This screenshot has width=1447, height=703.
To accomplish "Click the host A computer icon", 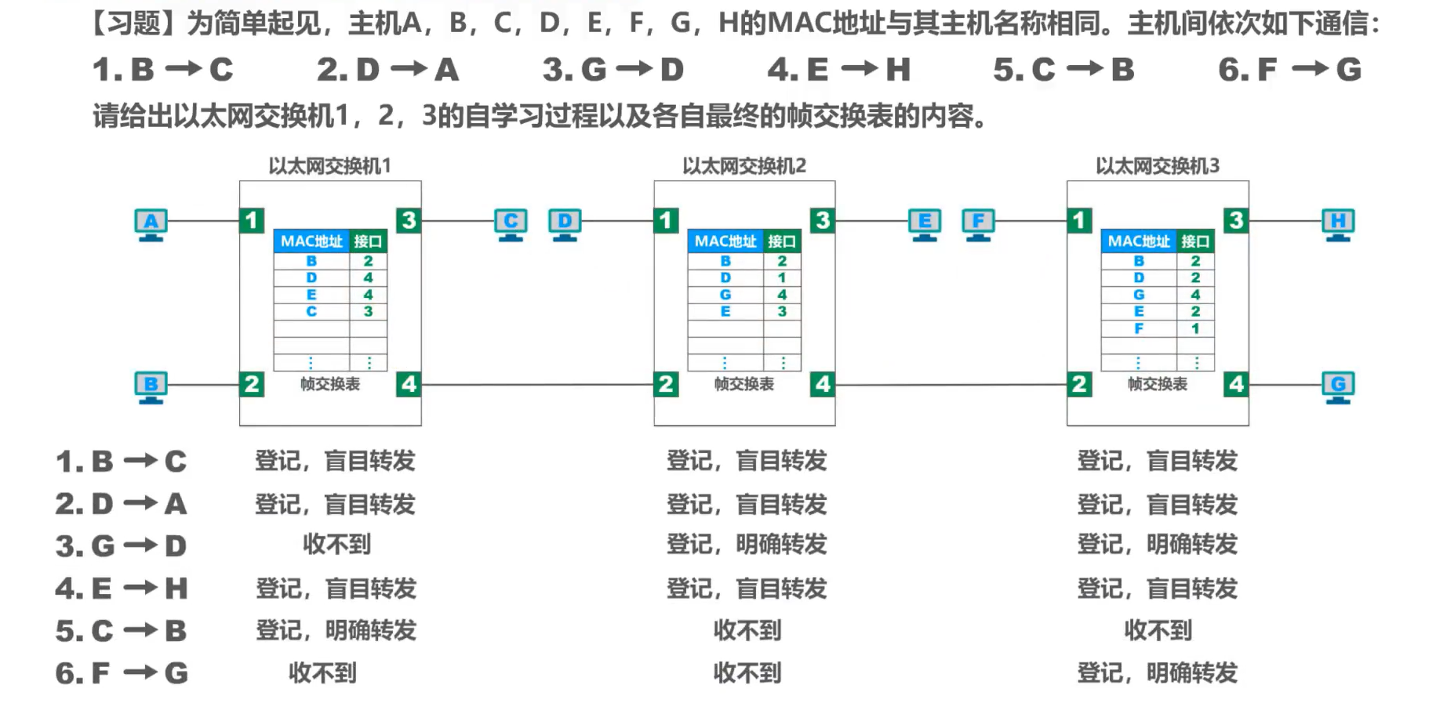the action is point(151,225).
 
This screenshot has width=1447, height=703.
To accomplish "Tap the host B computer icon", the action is point(151,388).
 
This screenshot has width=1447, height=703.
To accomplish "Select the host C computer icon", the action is point(511,225).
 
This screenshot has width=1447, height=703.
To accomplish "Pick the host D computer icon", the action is point(565,225).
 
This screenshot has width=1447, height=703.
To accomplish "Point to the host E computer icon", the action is point(925,225).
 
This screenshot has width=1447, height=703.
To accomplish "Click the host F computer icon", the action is point(978,225).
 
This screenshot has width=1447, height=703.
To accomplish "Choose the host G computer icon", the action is point(1338,388).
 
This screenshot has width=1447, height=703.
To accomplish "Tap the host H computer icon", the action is point(1338,225).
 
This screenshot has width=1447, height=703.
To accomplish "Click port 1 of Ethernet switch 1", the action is point(252,220).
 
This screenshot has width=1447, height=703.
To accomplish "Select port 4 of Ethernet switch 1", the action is point(409,384).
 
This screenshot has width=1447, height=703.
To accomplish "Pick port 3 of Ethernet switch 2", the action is point(822,220).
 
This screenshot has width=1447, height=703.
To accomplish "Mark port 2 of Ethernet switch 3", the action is point(1079,384).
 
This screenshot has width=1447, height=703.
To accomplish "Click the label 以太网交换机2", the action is point(743,166).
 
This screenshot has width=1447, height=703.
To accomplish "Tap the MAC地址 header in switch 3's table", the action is point(1139,241).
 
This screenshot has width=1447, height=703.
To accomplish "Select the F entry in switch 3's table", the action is point(1139,328).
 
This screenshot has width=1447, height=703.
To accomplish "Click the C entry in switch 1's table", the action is point(311,311).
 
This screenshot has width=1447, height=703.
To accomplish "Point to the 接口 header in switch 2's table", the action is point(782,241).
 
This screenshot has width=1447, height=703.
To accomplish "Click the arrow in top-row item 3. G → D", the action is point(634,70).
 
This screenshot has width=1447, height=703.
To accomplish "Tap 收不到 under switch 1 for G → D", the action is point(336,545).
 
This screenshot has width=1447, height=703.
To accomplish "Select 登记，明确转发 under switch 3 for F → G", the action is point(1158,672).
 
